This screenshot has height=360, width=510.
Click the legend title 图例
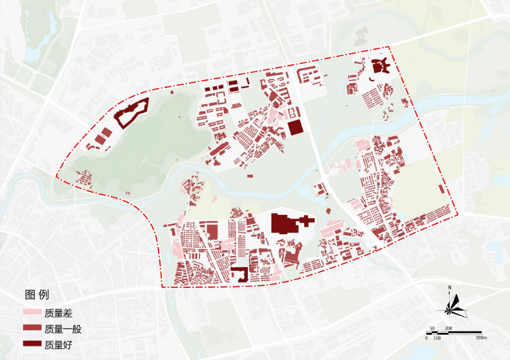36,294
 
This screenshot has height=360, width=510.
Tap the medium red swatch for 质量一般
32,328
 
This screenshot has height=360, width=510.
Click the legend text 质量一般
63,328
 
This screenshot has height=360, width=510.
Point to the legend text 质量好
59,344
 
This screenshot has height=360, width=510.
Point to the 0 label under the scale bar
426,338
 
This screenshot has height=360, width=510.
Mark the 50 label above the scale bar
433,327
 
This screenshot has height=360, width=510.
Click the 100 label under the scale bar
437,338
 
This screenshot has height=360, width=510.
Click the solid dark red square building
295,128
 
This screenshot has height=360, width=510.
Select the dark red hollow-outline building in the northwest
131,112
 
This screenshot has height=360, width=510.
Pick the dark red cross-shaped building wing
306,221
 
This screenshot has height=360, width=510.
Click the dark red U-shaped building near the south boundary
239,274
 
